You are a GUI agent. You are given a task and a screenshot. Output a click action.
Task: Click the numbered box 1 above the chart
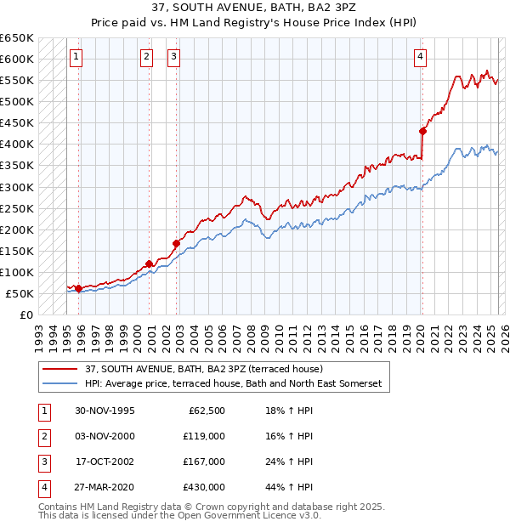click(76, 57)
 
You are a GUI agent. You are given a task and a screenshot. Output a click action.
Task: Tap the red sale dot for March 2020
click(422, 131)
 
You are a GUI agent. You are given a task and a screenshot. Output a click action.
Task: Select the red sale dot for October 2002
click(177, 243)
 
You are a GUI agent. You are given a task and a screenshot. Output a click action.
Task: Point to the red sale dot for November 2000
click(150, 263)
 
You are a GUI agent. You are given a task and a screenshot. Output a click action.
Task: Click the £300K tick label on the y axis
click(17, 187)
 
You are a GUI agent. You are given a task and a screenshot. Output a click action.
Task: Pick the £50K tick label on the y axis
click(20, 293)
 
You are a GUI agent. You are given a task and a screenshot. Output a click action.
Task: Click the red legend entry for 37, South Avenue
click(203, 370)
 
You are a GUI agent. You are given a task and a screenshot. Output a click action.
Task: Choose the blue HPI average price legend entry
click(234, 384)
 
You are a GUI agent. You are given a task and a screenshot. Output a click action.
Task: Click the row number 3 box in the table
click(42, 462)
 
